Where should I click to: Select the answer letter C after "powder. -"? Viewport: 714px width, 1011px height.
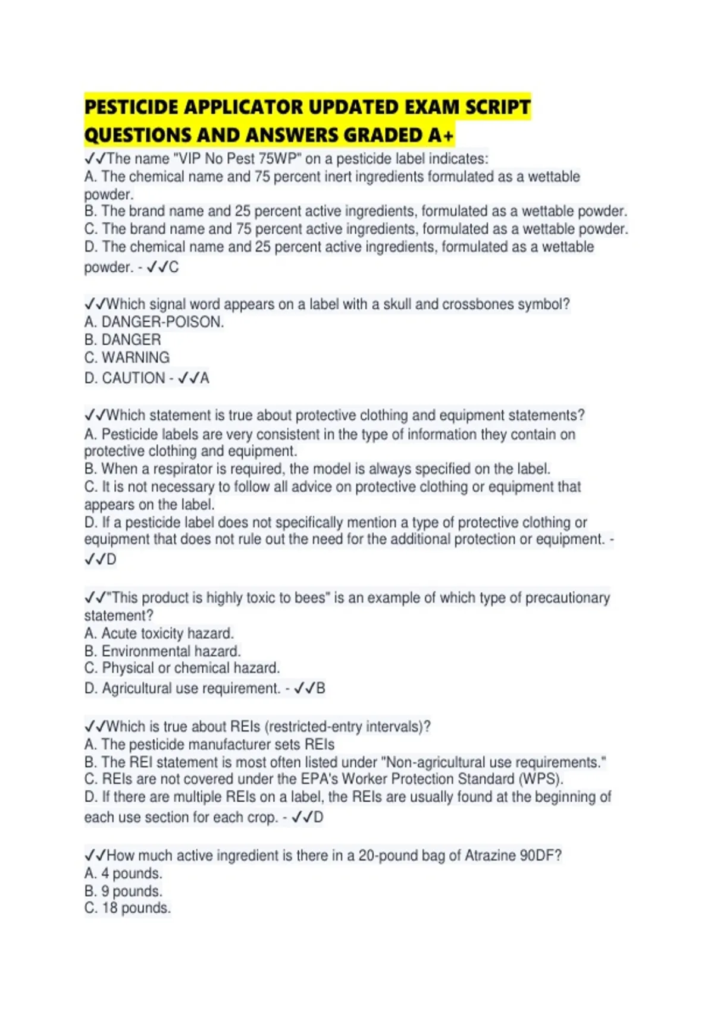[173, 267]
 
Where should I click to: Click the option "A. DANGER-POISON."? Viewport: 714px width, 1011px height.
[154, 322]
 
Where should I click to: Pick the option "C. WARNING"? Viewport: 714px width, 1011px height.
[127, 357]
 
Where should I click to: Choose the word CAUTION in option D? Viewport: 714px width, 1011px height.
[133, 378]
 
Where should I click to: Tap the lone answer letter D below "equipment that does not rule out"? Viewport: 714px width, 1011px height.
[111, 559]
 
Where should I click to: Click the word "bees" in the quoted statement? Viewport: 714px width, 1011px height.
[310, 598]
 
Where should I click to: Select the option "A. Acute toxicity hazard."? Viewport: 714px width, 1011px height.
[159, 633]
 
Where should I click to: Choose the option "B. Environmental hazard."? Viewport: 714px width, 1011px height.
[162, 651]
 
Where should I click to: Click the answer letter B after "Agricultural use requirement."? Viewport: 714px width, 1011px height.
[321, 688]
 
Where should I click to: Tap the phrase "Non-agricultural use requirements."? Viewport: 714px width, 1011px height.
[495, 762]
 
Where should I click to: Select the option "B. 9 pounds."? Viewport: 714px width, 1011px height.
[123, 891]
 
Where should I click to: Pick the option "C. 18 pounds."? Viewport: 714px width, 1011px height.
[127, 908]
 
